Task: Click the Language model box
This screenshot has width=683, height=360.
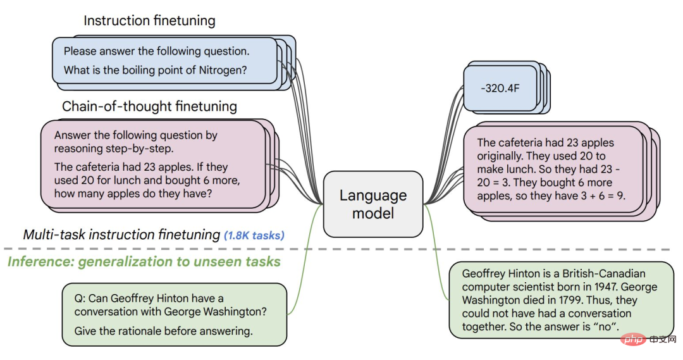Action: click(x=373, y=204)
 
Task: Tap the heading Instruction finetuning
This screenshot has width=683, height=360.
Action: click(x=149, y=21)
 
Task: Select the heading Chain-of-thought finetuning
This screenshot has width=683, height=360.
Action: click(x=149, y=106)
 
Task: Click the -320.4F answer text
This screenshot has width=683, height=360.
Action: click(x=500, y=88)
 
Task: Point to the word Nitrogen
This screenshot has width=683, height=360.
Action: click(x=223, y=70)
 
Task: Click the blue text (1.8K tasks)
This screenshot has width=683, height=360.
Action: click(x=254, y=235)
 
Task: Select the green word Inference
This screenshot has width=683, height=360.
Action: click(x=41, y=261)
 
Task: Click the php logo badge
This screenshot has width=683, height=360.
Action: click(x=632, y=338)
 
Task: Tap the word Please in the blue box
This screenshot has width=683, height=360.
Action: click(x=80, y=51)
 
